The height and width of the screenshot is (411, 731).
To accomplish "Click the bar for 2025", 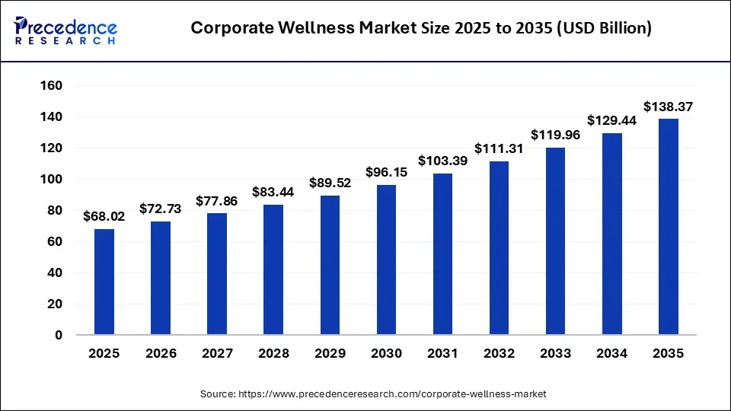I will pos(104,282).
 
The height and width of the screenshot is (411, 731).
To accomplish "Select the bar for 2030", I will pos(386,260).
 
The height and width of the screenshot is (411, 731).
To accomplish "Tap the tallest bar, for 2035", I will pos(668,226).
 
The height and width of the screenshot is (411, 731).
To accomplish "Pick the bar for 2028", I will pos(273,269).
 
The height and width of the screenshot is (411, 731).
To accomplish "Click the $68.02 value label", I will pos(104,217).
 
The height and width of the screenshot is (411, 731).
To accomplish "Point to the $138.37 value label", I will pos(668,107).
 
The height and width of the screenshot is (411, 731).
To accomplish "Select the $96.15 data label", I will pos(386,173).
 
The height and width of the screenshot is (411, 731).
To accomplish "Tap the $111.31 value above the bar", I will pos(499,149).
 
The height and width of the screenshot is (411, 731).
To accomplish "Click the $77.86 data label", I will pos(217,201).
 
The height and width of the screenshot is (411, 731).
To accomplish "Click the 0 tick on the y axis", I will pos(57,335).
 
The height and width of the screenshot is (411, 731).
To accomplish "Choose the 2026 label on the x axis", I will pos(161,354).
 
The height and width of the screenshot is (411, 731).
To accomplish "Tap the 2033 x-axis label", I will pos(555,354).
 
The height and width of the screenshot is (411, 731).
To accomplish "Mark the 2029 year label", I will pos(330,354).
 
